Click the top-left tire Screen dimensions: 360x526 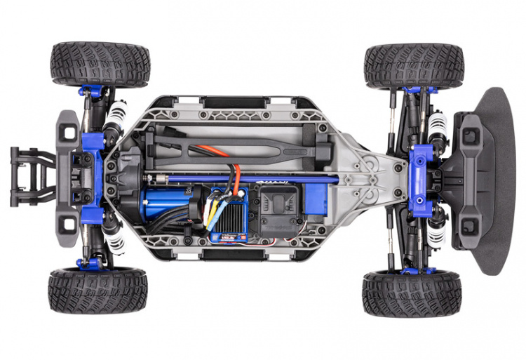(100, 64)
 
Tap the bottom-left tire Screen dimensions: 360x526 (97, 289)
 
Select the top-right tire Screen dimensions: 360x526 (414, 65)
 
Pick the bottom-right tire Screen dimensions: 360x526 (412, 293)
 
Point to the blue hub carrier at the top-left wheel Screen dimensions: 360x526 (91, 91)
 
